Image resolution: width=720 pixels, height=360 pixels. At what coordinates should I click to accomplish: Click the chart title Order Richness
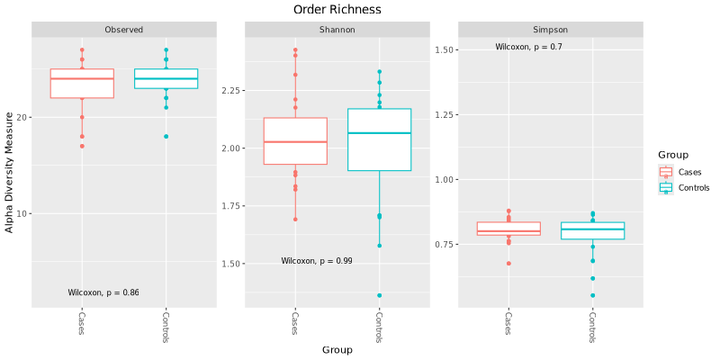pos(337,10)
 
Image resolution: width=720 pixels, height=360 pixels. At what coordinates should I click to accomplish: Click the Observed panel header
pos(124,30)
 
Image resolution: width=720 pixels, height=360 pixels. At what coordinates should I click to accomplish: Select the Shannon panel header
pos(337,30)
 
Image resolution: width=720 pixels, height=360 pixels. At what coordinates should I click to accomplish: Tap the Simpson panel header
pos(550,30)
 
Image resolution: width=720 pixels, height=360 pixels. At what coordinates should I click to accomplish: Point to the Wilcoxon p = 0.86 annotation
pos(103,292)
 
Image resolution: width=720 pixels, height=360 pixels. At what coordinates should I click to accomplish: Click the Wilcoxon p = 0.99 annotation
pos(317,261)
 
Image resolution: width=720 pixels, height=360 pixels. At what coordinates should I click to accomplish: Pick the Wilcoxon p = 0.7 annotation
pos(529,47)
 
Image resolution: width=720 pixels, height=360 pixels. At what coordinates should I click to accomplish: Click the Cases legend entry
pos(689,172)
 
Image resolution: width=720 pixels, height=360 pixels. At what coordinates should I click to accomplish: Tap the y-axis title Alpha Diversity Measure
pos(10,173)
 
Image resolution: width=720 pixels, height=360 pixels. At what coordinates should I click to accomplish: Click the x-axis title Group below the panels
pos(337,349)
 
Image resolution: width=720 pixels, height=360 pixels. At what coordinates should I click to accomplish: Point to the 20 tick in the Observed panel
pos(23,117)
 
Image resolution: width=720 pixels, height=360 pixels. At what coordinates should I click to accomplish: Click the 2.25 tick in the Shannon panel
pos(233,90)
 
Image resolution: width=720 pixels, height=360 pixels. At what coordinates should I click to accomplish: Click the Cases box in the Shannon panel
pos(295,141)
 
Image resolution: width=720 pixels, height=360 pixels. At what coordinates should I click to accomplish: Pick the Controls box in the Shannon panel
pos(379,139)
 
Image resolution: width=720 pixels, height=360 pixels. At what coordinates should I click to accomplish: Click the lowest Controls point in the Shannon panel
pos(379,295)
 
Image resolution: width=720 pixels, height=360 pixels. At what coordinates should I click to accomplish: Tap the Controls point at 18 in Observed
pos(166,137)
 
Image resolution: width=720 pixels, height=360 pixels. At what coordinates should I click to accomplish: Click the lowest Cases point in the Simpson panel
pos(508,264)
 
